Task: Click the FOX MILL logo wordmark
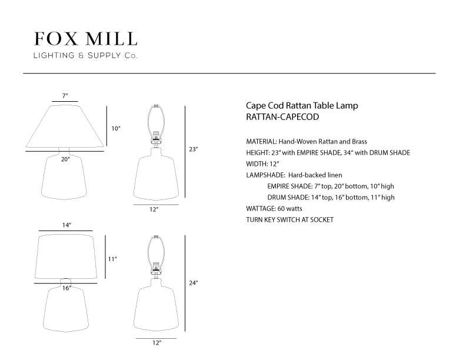tap(85, 39)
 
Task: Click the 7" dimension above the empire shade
tap(65, 96)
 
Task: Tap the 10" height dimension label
tap(116, 129)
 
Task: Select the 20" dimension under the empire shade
tap(65, 159)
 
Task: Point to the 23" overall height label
tap(194, 149)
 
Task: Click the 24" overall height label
tap(194, 283)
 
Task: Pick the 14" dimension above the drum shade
tap(66, 225)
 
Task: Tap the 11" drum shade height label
tap(112, 259)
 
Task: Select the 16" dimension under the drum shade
tap(66, 288)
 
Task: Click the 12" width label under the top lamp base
tap(154, 209)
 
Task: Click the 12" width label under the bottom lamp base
tap(157, 342)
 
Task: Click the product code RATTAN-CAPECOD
tap(282, 116)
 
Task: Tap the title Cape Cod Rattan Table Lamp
tap(302, 105)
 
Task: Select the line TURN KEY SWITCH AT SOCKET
tap(289, 220)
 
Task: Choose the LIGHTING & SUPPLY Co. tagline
tap(85, 55)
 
